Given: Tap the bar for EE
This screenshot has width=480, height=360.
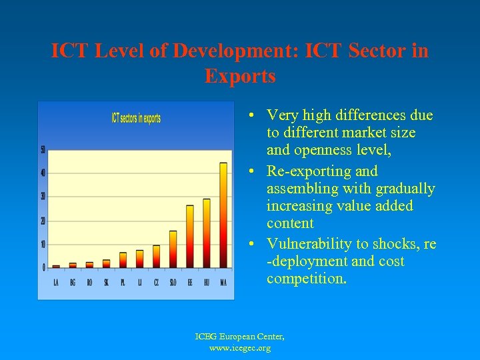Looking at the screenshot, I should [x=190, y=236].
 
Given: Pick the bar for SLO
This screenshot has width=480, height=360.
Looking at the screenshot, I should [x=173, y=249].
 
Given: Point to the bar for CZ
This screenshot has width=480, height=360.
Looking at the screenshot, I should [x=157, y=256].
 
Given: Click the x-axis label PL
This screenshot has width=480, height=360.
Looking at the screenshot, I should [x=123, y=283].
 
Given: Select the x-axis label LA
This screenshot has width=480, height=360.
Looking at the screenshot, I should [x=56, y=283].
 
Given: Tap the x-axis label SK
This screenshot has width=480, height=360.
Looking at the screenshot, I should [x=106, y=283].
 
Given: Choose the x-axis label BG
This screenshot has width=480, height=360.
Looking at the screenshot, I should [x=73, y=283].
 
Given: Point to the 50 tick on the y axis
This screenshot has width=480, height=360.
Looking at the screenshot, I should [x=43, y=149].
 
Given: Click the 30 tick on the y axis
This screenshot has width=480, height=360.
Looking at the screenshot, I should [x=43, y=197].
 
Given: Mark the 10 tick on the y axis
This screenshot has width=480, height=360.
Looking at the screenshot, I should [x=43, y=244].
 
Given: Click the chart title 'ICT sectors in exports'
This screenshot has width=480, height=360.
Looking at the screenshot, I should [x=136, y=119].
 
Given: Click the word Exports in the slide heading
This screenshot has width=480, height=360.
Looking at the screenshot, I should [x=240, y=77].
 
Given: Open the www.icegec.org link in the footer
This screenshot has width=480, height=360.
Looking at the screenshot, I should [x=240, y=349].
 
